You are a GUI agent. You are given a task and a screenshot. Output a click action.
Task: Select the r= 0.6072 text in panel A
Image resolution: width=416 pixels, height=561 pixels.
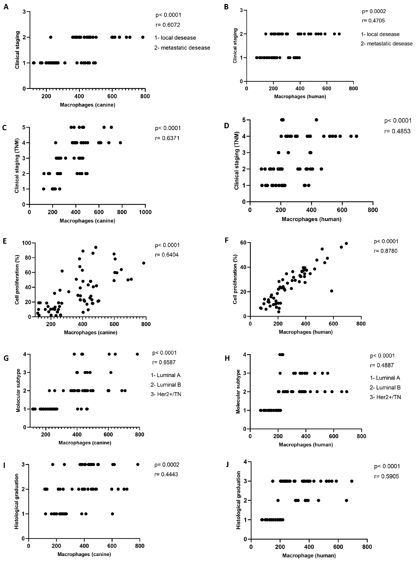click(168, 25)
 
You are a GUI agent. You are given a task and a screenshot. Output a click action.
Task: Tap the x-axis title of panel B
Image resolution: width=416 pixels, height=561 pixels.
click(300, 96)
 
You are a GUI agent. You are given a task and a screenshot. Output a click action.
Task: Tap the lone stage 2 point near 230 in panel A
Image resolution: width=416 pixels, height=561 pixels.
click(51, 37)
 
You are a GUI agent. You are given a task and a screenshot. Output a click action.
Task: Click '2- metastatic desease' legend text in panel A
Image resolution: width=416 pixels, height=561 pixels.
click(182, 48)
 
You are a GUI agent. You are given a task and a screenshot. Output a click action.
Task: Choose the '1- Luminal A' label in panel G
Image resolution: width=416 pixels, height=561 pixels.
click(166, 375)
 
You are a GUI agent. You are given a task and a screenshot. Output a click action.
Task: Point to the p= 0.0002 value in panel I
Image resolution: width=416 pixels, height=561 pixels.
click(167, 465)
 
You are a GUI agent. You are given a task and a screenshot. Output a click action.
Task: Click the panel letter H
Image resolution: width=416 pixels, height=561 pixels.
click(227, 358)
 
